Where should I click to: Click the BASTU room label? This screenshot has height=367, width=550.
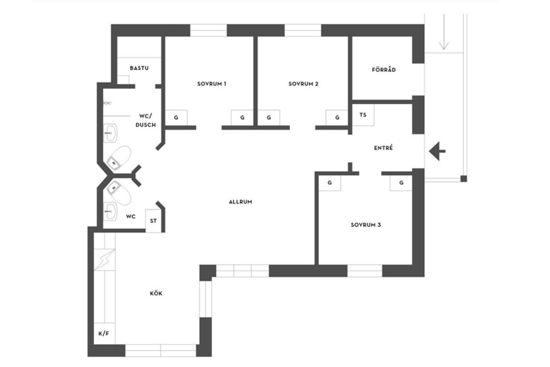pos(139,68)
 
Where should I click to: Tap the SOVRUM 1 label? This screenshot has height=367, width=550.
pos(212,84)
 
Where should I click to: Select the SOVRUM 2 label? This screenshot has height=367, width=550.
pos(303,84)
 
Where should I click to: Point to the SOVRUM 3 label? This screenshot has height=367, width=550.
pos(366,225)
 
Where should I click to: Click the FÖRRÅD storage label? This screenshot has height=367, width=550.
pos(384,70)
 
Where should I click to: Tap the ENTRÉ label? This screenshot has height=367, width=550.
pos(383,148)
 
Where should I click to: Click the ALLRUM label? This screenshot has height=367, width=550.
pos(240,202)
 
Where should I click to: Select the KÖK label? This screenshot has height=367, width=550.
pos(156,293)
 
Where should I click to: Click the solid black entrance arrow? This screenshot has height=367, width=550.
pos(437,151)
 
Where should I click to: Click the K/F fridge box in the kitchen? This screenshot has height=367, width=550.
pos(104,333)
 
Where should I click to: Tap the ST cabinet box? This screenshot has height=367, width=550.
pos(153,221)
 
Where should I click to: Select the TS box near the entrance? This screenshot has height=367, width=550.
pos(363,115)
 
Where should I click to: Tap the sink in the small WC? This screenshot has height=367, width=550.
pos(110,211)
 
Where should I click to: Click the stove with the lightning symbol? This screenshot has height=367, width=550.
pos(104,260)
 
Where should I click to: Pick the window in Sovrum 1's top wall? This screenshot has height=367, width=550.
pos(208,30)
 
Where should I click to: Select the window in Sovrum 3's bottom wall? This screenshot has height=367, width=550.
pos(365,271)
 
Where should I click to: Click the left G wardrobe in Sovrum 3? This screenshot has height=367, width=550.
pos(330,183)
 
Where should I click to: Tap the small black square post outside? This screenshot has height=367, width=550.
pos(464,179)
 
